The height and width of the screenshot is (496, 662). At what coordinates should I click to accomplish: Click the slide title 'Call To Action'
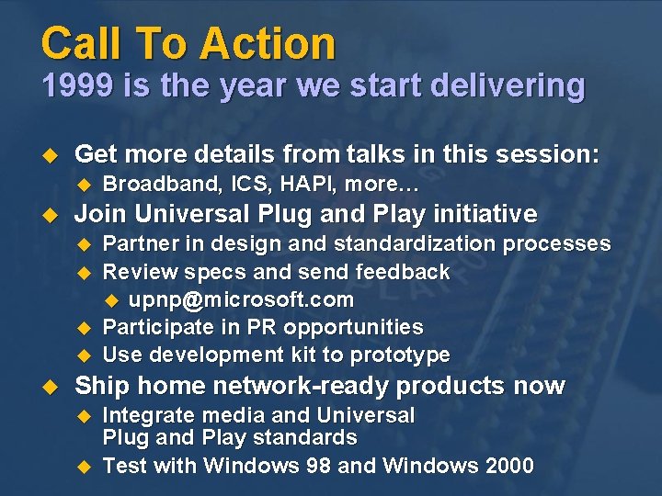(x=188, y=43)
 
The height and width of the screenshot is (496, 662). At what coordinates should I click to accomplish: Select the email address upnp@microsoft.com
(x=241, y=299)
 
